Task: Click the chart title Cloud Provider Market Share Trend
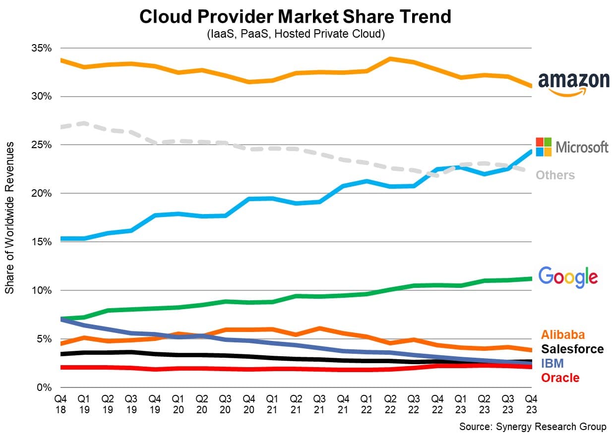[295, 17]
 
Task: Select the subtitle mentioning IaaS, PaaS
[295, 34]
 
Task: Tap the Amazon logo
[574, 83]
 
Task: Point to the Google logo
[568, 277]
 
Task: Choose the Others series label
[555, 175]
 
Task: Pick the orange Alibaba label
[563, 334]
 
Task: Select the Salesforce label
[572, 349]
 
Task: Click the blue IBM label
[552, 363]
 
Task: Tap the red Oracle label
[560, 378]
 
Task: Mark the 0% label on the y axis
[45, 387]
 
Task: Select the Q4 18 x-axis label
[60, 404]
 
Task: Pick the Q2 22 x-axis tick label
[390, 404]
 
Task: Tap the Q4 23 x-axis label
[531, 404]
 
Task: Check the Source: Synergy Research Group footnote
[532, 427]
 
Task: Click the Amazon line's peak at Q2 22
[390, 59]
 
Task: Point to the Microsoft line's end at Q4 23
[531, 152]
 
